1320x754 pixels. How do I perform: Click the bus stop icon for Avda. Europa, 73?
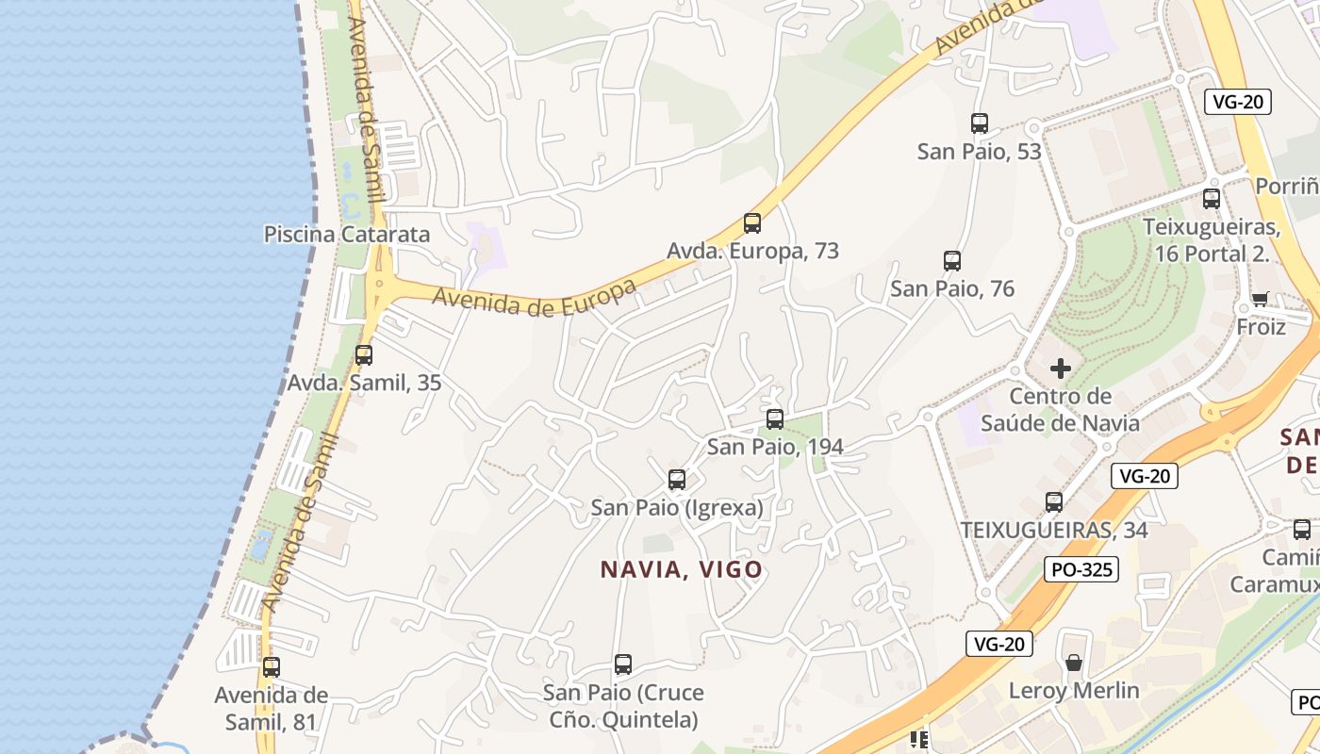click(x=751, y=223)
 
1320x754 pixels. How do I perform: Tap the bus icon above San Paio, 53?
click(x=979, y=123)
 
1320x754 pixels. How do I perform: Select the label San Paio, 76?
click(x=952, y=288)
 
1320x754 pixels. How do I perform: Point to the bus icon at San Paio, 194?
click(x=774, y=419)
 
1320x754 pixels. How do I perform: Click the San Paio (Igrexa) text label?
click(x=676, y=508)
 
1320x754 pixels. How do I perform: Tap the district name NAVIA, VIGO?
click(x=681, y=569)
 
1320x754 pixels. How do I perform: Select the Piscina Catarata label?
click(x=346, y=234)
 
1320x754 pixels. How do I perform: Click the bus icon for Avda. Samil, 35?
click(x=363, y=355)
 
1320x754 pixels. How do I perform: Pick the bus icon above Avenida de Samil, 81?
click(x=272, y=667)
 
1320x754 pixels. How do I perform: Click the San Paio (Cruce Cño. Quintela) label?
click(x=622, y=706)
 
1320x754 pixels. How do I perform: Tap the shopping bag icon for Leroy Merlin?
click(x=1073, y=664)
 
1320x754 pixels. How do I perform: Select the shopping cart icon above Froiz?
click(x=1260, y=300)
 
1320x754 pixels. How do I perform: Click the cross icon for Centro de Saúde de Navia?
click(x=1061, y=369)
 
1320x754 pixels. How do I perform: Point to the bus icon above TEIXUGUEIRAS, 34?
click(x=1053, y=502)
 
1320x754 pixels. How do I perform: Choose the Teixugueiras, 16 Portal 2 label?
click(x=1211, y=240)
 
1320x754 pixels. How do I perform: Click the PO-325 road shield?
click(x=1081, y=569)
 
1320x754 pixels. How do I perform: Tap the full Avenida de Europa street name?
click(x=534, y=296)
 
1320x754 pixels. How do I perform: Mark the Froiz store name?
click(x=1261, y=327)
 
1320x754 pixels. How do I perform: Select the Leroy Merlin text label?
click(x=1074, y=691)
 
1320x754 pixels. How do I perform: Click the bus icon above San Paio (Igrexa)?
click(x=676, y=480)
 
